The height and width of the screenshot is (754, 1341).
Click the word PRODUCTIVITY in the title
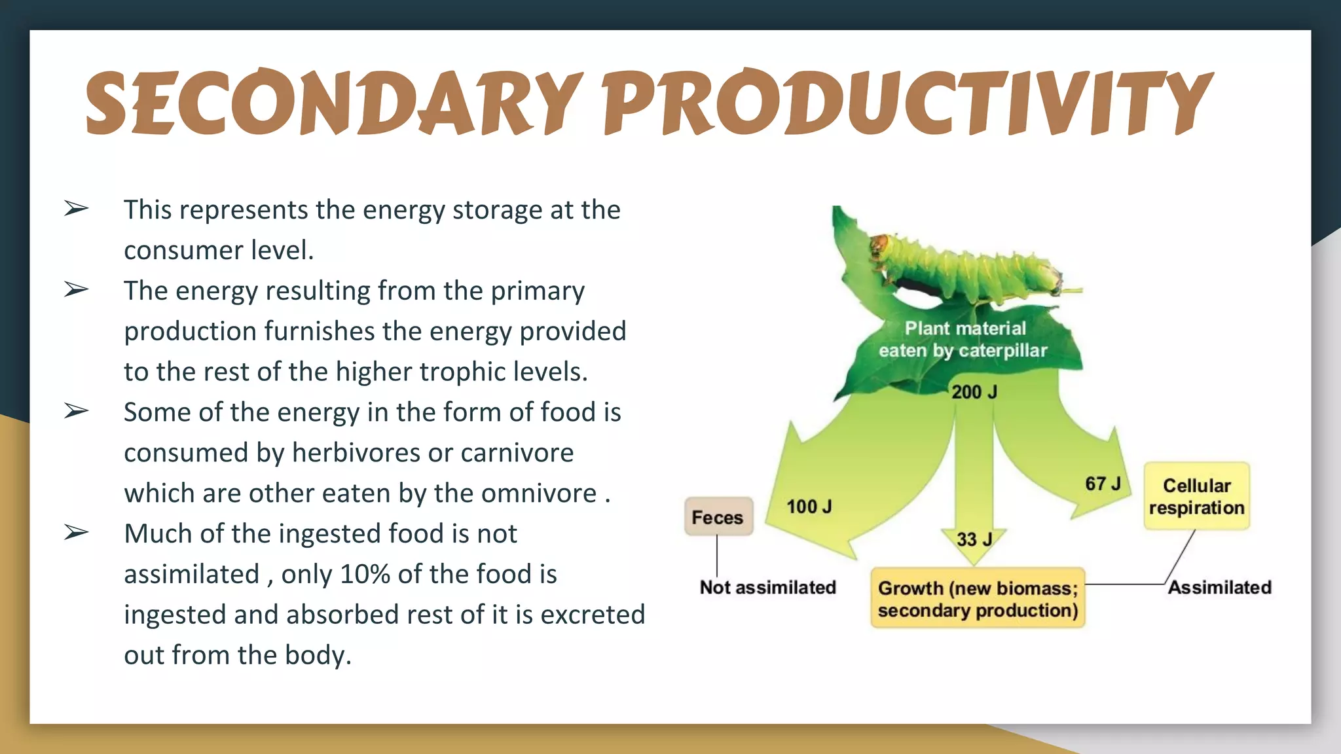click(x=907, y=103)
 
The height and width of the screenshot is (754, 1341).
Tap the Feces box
click(x=718, y=517)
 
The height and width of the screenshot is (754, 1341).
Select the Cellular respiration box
click(x=1196, y=496)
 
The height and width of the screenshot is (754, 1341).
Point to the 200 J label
click(x=974, y=392)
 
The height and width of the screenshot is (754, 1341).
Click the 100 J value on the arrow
click(x=809, y=507)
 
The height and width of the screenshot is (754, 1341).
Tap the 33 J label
click(x=974, y=539)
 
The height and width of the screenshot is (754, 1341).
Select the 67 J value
click(x=1103, y=484)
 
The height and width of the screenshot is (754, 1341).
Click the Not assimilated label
click(x=767, y=587)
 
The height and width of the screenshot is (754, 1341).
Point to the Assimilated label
click(x=1220, y=587)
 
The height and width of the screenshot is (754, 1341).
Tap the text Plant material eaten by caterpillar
click(x=963, y=339)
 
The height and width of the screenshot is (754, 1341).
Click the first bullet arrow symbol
click(x=76, y=209)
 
